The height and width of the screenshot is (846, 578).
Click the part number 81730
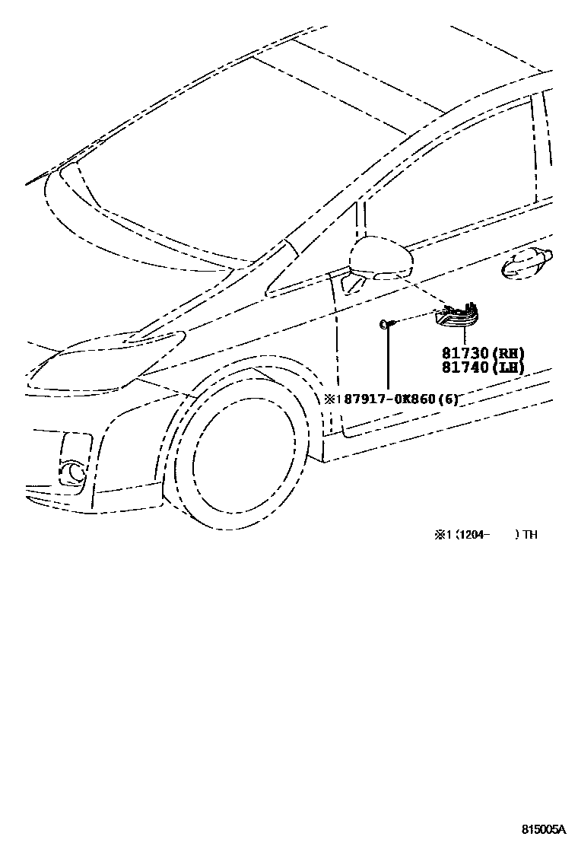point(464,353)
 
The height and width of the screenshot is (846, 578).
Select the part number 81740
point(464,367)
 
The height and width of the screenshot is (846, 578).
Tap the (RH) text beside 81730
point(507,353)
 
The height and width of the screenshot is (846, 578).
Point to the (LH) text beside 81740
point(507,367)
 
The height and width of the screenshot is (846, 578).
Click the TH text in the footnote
point(530,535)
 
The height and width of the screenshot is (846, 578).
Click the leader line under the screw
point(387,361)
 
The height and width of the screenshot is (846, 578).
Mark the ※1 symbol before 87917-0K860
point(332,399)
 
